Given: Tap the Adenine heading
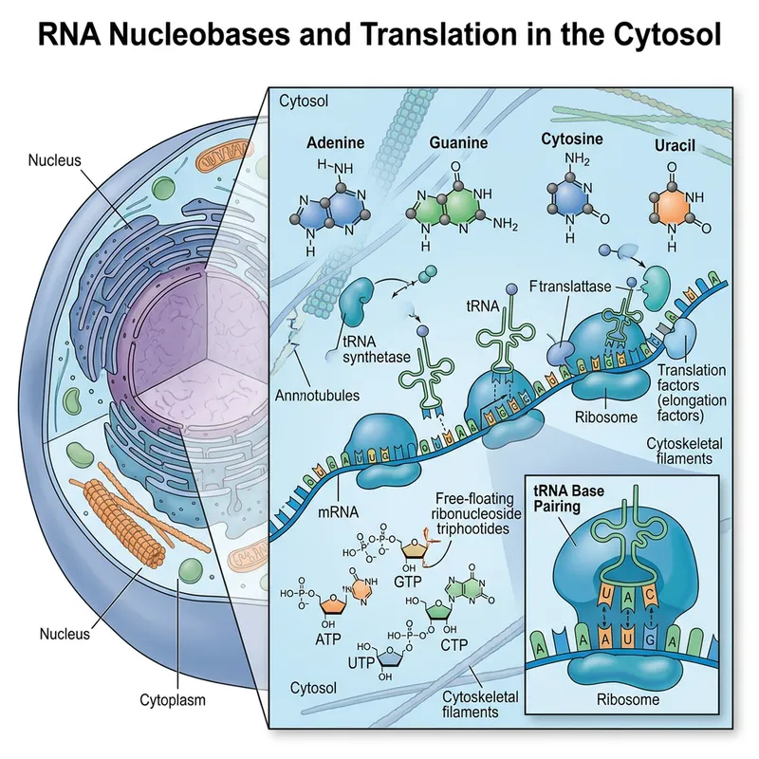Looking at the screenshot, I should [336, 144].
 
